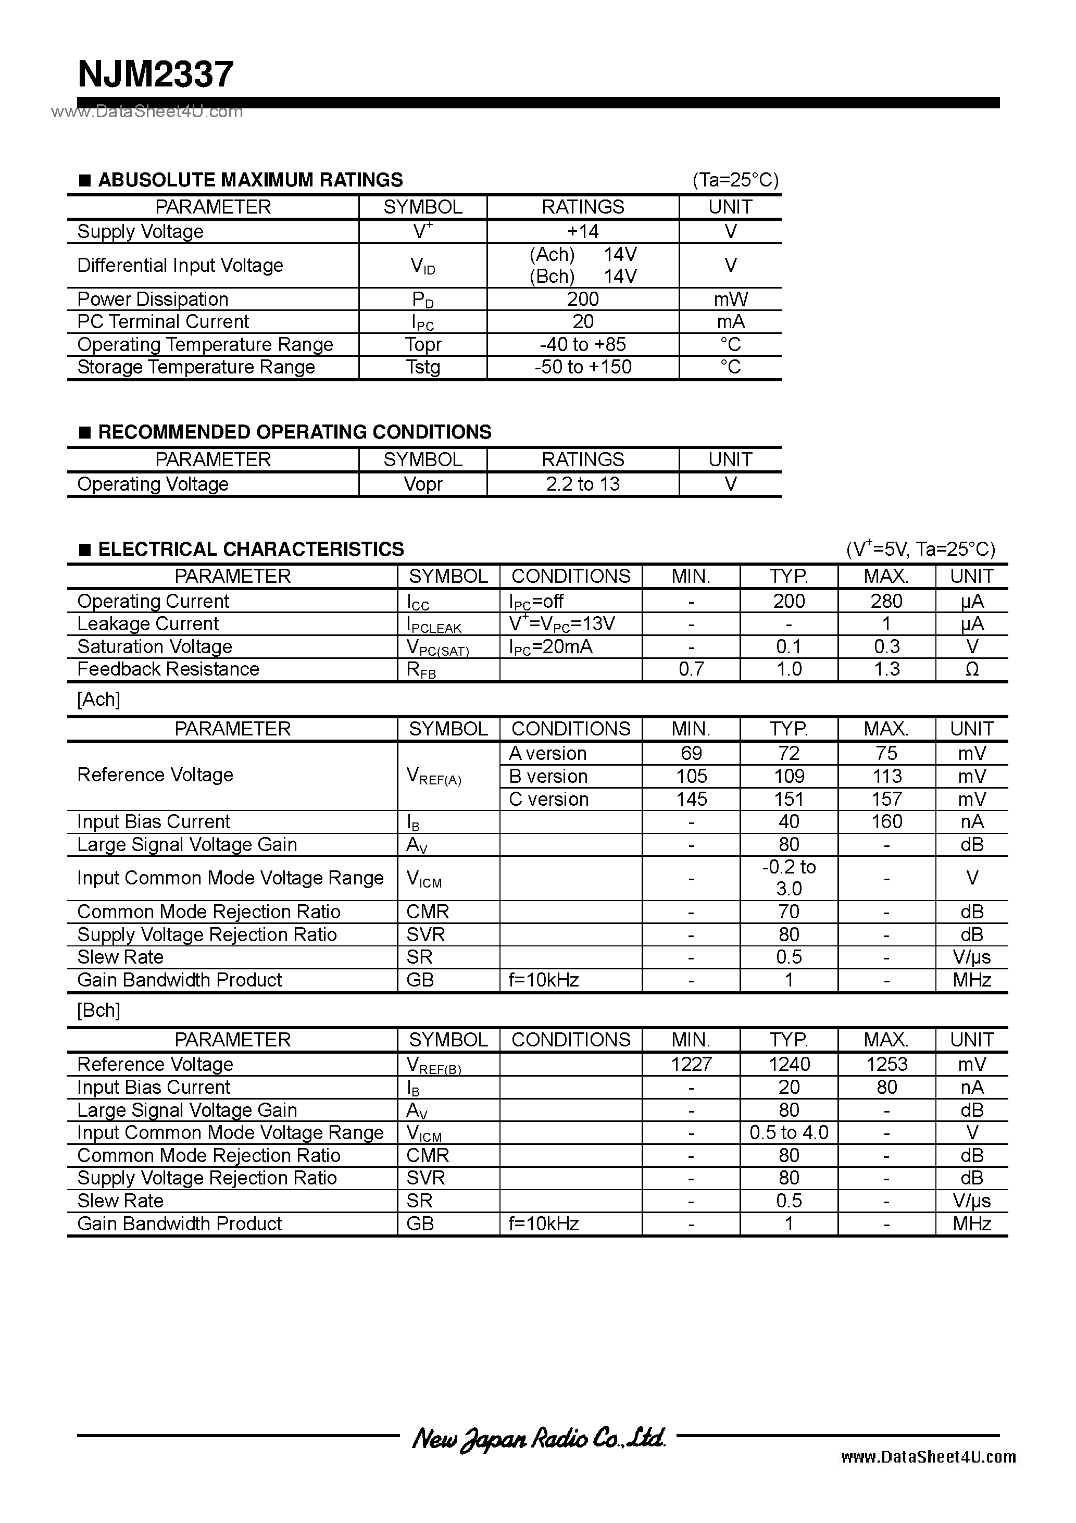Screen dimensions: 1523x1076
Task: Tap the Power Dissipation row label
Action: (153, 299)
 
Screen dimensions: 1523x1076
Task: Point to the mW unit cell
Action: (730, 299)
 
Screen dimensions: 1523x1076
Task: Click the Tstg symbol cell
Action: (422, 367)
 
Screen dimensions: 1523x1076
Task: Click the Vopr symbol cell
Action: (422, 484)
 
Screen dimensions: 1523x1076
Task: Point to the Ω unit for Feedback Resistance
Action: (971, 669)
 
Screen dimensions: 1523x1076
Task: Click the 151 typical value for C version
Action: (788, 800)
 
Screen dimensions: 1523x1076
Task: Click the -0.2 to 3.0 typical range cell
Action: (788, 878)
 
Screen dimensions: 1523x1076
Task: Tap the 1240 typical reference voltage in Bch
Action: (788, 1065)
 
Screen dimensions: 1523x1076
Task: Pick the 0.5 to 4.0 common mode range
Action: (788, 1132)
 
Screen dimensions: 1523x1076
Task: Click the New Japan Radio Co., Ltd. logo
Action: (538, 1438)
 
